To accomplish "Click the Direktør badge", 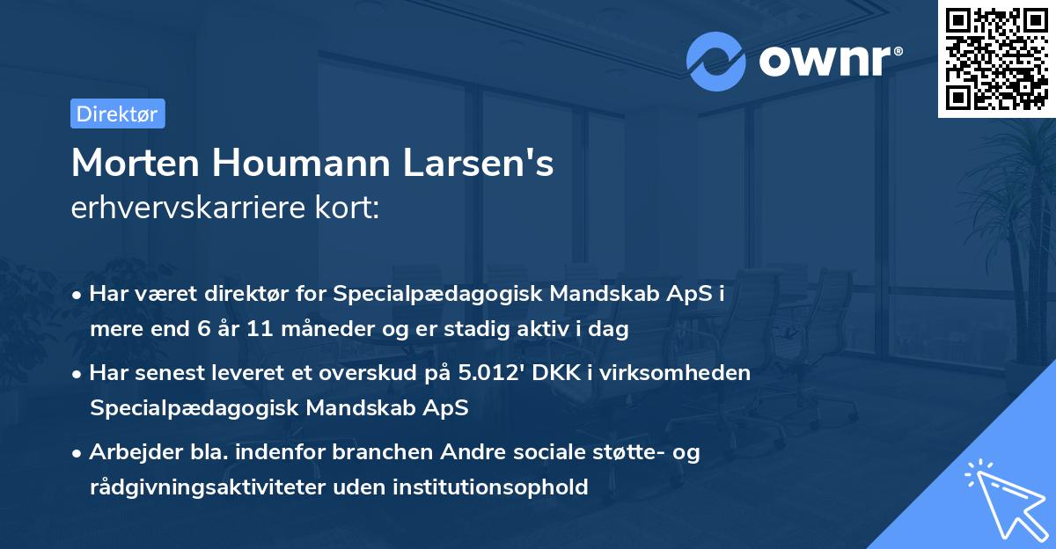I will pos(117,113).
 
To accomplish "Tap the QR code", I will pos(996,59).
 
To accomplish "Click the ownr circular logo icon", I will pos(716,62).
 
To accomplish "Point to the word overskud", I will pos(388,373).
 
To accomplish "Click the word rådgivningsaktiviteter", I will pos(202,487).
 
